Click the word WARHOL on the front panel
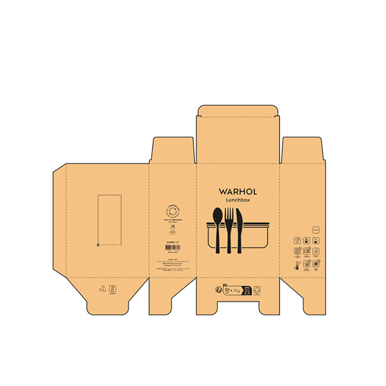point(237,191)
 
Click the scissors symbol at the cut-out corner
point(98,244)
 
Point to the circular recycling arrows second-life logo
point(173,212)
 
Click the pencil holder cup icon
point(173,228)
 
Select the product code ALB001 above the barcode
point(173,242)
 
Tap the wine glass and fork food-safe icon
point(297,240)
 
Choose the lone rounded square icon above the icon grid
point(316,230)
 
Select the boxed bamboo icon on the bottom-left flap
point(112,288)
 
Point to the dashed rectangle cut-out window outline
point(110,220)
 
